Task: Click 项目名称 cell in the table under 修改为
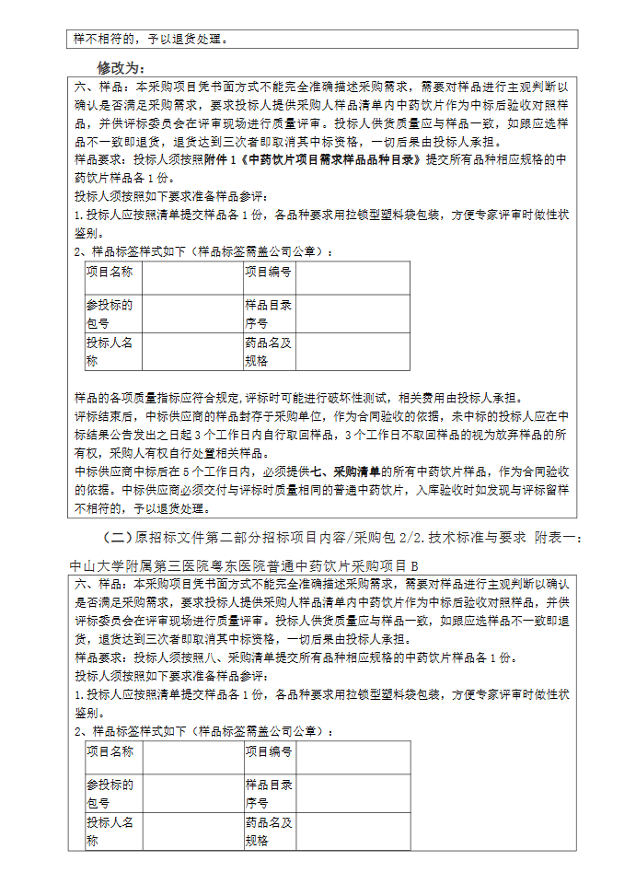110,272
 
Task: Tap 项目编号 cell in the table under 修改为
268,272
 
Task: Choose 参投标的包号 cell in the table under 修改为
110,314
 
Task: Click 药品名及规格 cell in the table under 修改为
268,351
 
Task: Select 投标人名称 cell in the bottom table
110,831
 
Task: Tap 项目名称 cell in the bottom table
110,751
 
